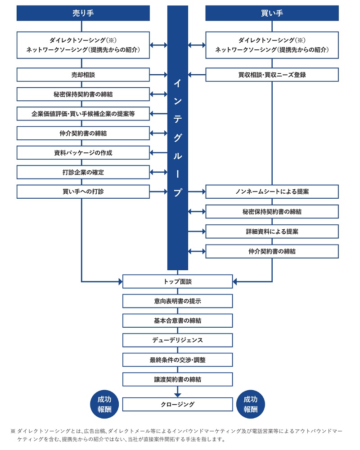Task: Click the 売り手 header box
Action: (x=83, y=13)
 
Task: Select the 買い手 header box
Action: (x=272, y=13)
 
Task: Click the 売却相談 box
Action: (x=83, y=75)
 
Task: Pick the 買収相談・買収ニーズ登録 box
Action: (x=272, y=75)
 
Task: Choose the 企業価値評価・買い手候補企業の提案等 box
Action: (x=83, y=114)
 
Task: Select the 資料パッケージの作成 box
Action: (x=83, y=153)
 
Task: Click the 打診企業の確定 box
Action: (x=83, y=172)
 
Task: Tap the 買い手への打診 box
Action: (x=83, y=192)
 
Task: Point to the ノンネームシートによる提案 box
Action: (x=272, y=192)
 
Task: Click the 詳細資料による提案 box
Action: (x=272, y=232)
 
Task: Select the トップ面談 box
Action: (x=177, y=281)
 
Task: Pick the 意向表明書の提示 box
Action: (x=177, y=301)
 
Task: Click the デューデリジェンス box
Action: (x=177, y=340)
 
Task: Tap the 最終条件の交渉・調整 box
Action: (x=177, y=360)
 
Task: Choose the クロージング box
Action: (x=177, y=404)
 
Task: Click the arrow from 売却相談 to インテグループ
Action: (x=158, y=75)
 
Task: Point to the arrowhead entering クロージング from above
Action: (x=177, y=395)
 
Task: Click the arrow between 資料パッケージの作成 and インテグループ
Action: (x=158, y=153)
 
